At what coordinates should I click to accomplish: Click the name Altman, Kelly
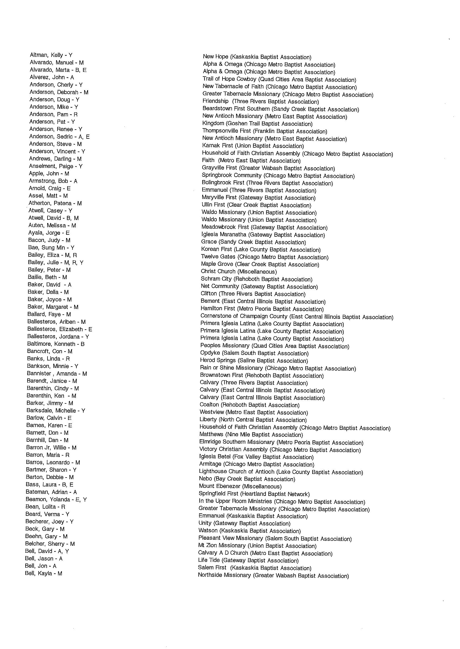click(x=51, y=55)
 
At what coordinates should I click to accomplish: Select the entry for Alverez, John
click(x=52, y=77)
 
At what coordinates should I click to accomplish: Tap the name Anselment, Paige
click(x=56, y=166)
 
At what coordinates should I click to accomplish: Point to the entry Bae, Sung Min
click(x=51, y=248)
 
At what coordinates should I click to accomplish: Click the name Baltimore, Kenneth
click(x=56, y=344)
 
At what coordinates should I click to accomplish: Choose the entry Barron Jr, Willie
click(x=51, y=447)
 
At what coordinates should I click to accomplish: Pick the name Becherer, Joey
click(x=49, y=521)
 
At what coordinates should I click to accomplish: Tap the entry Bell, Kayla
click(x=43, y=573)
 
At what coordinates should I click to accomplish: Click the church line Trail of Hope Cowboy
click(x=279, y=80)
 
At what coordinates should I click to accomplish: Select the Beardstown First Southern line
click(x=281, y=109)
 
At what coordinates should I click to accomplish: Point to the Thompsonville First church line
click(x=264, y=131)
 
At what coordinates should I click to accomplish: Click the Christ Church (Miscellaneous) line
click(x=239, y=272)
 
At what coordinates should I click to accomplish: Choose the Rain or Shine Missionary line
click(x=277, y=368)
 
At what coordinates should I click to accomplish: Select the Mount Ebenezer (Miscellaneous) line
click(x=240, y=486)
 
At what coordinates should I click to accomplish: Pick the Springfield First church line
click(x=254, y=494)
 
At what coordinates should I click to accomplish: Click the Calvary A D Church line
click(x=265, y=553)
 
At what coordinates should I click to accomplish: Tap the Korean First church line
click(x=261, y=249)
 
